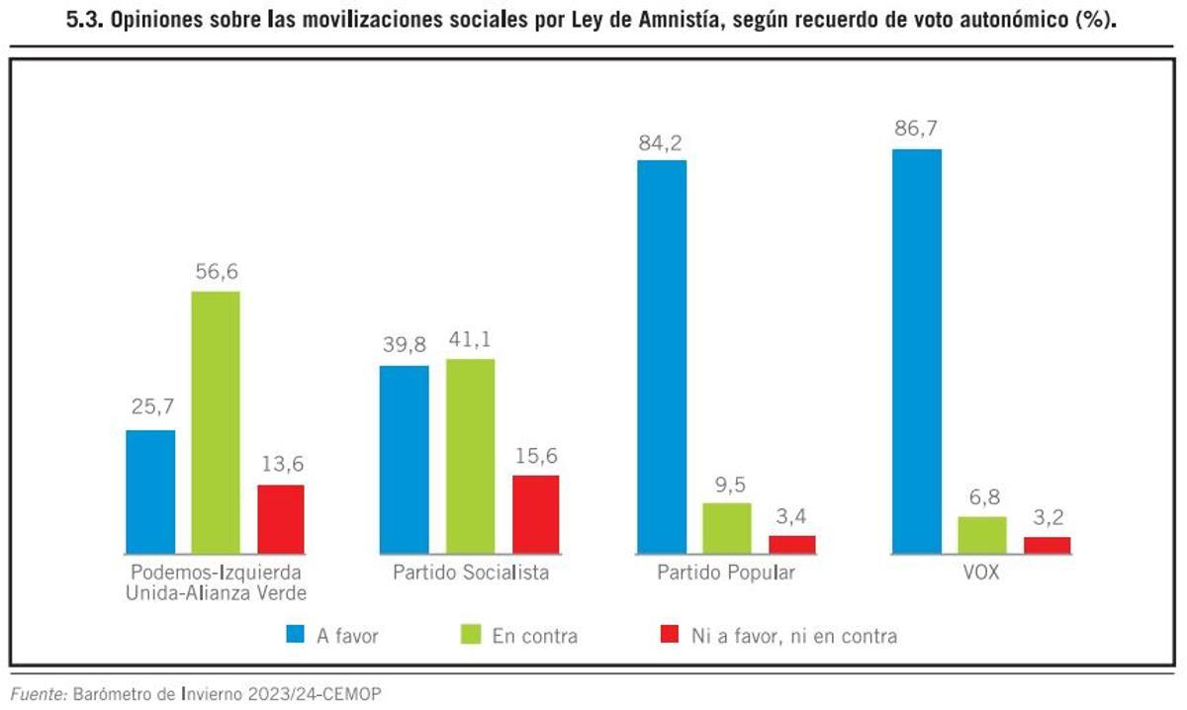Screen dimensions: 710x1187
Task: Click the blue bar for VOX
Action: click(916, 351)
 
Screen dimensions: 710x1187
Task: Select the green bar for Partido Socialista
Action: click(470, 456)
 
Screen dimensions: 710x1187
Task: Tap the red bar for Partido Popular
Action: click(792, 544)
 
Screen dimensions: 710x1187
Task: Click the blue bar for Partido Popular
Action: click(662, 356)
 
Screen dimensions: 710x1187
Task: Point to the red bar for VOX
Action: click(1047, 545)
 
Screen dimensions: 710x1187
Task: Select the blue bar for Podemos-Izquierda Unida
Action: click(150, 491)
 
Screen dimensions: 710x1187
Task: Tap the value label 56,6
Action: click(216, 271)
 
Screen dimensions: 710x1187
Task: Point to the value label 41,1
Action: click(470, 339)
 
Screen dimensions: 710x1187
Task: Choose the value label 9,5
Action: click(727, 483)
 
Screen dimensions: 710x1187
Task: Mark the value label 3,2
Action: click(1047, 517)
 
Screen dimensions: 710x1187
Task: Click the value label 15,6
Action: click(535, 455)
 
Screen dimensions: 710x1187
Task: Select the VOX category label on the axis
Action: click(980, 573)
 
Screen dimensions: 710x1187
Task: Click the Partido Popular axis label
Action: click(726, 573)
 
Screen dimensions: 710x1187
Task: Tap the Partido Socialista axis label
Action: click(470, 573)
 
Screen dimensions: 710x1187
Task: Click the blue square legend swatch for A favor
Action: click(295, 635)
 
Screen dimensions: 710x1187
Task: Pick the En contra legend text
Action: click(534, 636)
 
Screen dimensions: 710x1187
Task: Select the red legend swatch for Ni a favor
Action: click(668, 635)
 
